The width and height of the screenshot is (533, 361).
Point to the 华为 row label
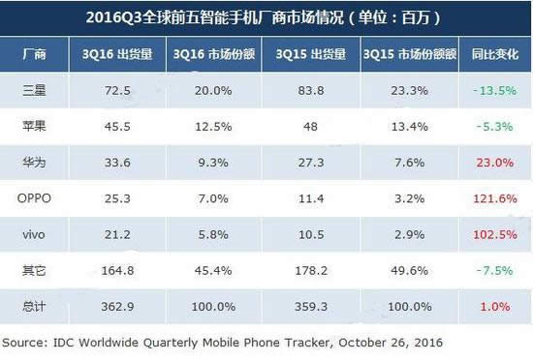33,164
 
